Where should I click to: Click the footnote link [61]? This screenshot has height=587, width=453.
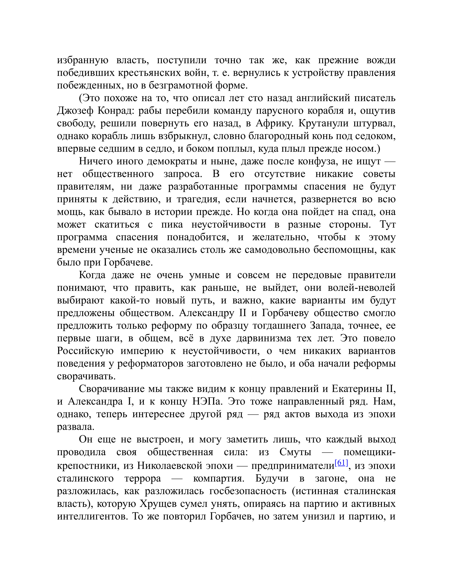pos(341,463)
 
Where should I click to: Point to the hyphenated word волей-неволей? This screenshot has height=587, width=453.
pos(362,288)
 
